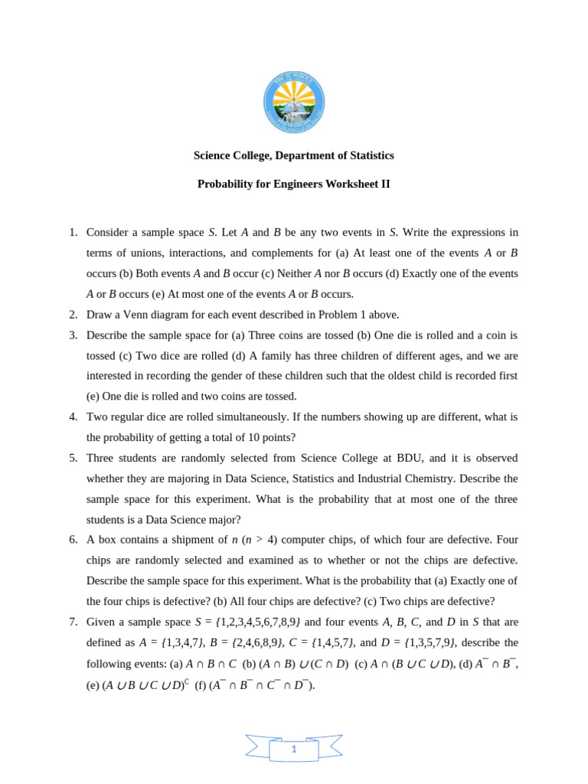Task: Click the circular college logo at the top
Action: click(294, 103)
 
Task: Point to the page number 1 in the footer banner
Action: click(294, 750)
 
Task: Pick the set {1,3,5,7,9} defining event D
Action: click(430, 642)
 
